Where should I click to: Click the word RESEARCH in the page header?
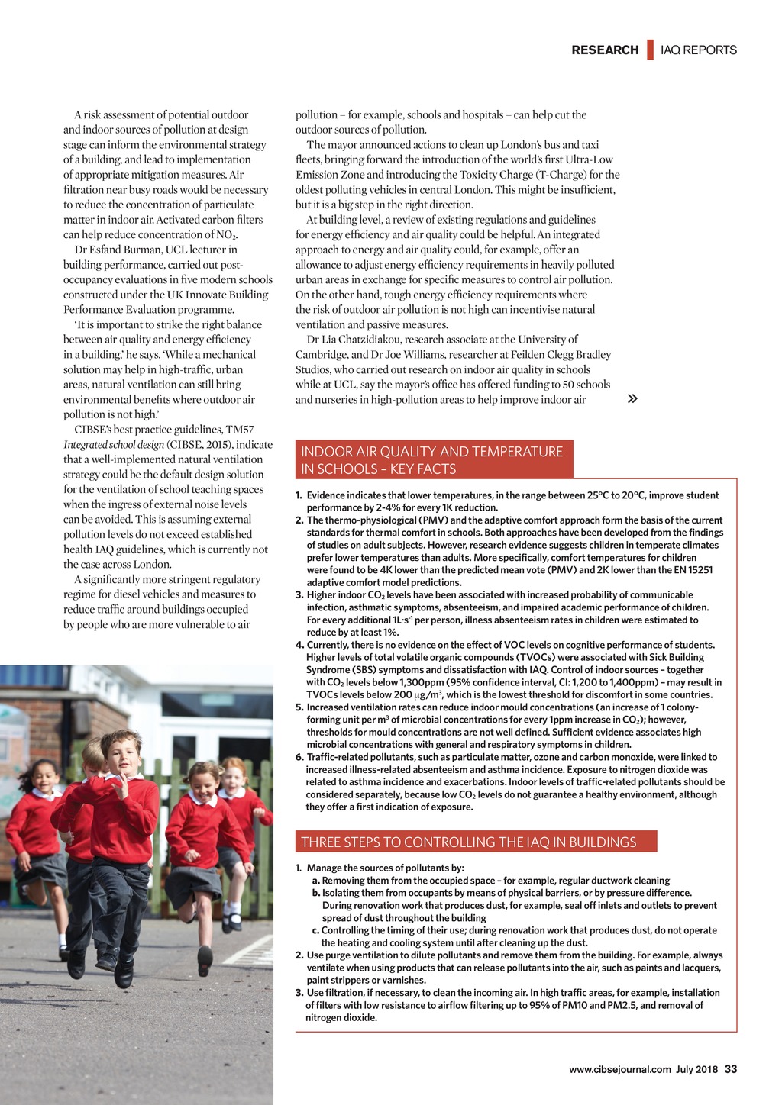coord(605,50)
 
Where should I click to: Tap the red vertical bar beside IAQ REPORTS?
coord(651,50)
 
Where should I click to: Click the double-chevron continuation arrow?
coord(632,398)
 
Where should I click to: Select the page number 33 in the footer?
coord(731,1069)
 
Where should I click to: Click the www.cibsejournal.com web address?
coord(620,1070)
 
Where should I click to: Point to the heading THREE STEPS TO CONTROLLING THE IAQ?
coord(468,842)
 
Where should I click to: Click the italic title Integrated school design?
coord(113,445)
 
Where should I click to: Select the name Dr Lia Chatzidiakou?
coord(354,340)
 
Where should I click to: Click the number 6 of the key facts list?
coord(299,757)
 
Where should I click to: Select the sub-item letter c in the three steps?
coord(315,930)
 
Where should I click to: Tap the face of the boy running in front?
coord(121,753)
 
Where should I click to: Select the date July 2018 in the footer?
coord(696,1070)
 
